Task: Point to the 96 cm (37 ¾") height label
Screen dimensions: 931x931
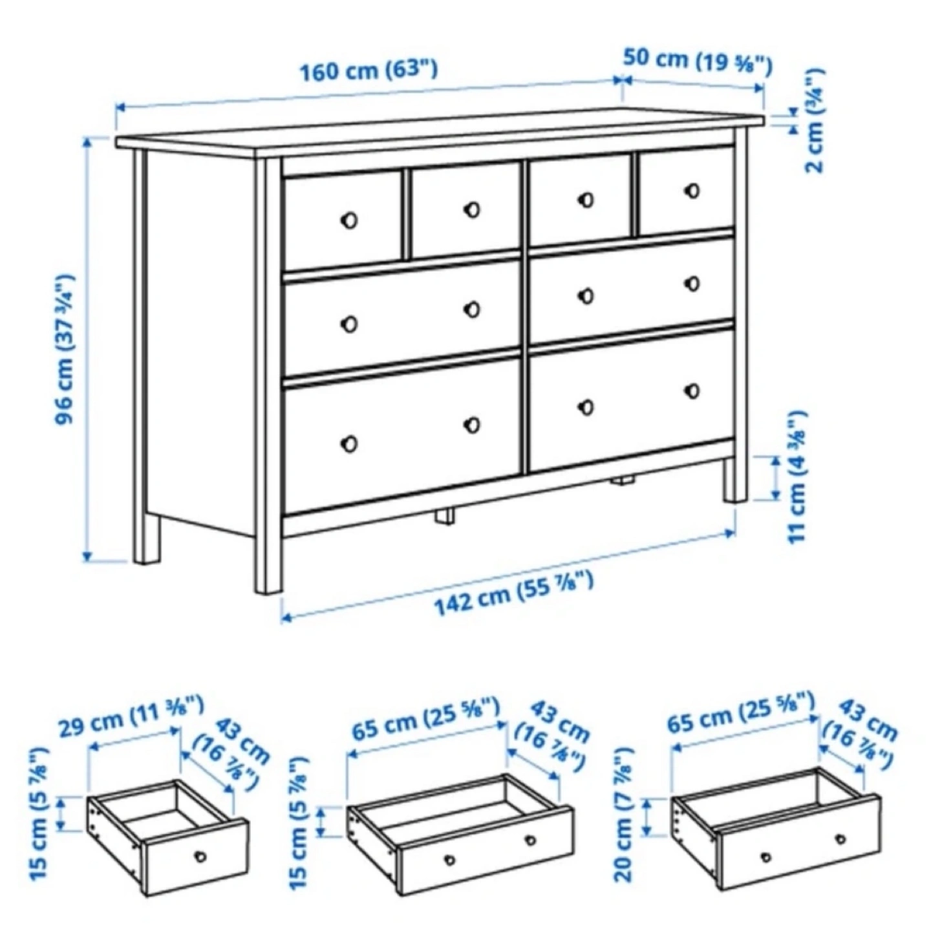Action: (x=64, y=348)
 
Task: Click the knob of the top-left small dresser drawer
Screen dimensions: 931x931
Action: (x=349, y=220)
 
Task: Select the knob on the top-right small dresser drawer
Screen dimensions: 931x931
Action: (x=693, y=191)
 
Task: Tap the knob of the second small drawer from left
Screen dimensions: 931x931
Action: (x=472, y=209)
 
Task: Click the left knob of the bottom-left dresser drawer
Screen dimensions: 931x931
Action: (x=349, y=444)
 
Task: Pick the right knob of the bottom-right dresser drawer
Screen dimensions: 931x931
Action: (x=693, y=391)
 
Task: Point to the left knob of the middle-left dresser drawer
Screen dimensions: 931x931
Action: (x=349, y=324)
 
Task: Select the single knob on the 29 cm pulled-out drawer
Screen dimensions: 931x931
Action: (x=200, y=857)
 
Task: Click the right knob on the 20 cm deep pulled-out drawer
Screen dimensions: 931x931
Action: (x=841, y=839)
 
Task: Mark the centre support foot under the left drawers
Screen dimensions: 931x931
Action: (x=445, y=516)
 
